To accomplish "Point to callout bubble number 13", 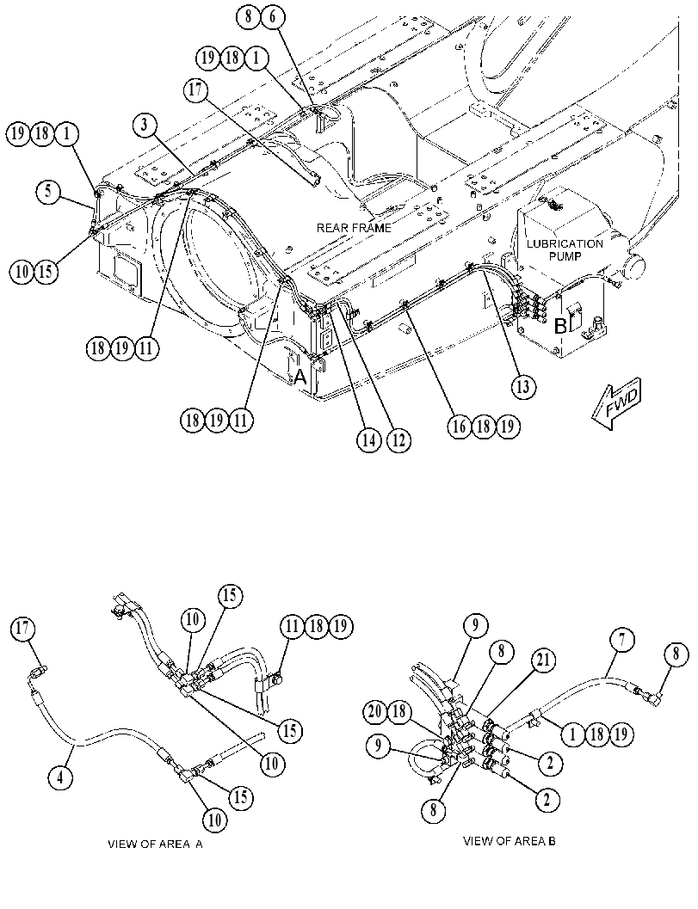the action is click(x=523, y=387).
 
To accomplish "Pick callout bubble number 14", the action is click(x=368, y=441).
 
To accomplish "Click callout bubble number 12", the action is click(x=398, y=441).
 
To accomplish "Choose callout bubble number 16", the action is click(x=459, y=427).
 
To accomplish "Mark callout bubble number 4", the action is click(x=60, y=778).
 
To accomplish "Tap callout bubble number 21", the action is click(x=544, y=660).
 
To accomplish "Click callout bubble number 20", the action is click(x=377, y=711).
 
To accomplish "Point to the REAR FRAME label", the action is click(x=354, y=228).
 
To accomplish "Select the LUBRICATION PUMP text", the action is click(x=565, y=250).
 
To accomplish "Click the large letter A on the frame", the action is click(x=300, y=378).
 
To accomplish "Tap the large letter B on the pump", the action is click(x=560, y=326).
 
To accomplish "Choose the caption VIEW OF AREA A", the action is click(x=156, y=845).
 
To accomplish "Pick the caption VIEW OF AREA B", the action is click(x=509, y=840).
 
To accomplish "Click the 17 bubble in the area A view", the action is click(x=24, y=629).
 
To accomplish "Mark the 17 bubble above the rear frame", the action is click(x=196, y=92).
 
